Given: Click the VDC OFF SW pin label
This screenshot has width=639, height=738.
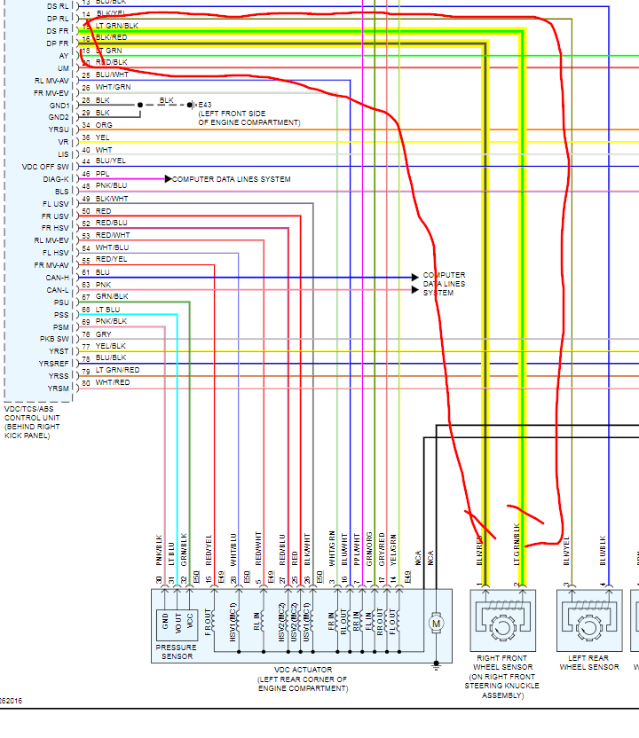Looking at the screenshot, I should click(x=45, y=167).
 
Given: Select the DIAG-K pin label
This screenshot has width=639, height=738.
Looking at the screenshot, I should click(x=56, y=179).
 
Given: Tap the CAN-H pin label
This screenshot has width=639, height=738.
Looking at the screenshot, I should click(x=58, y=278).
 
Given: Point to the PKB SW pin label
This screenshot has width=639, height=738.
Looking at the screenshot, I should click(x=53, y=339).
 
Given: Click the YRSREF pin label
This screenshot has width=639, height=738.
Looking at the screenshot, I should click(x=52, y=364).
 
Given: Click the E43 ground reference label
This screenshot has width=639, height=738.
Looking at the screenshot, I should click(x=205, y=105).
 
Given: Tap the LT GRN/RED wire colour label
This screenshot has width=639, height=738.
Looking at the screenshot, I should click(x=117, y=370).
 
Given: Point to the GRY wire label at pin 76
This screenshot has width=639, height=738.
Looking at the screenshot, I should click(x=104, y=334).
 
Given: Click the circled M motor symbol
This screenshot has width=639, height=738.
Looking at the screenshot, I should click(x=436, y=624).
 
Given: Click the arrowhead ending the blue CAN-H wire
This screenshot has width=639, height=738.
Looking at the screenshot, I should click(x=414, y=278).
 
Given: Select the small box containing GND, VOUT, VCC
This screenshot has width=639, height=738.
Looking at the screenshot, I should click(x=177, y=625).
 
